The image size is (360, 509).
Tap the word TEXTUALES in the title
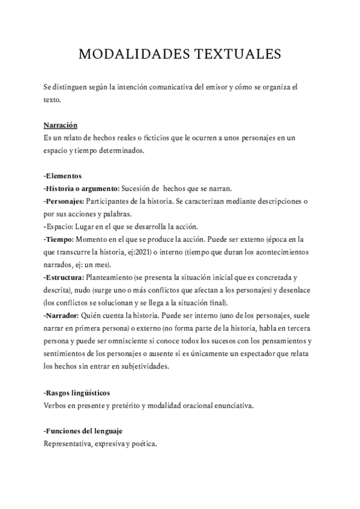click(236, 55)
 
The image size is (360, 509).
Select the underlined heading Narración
click(61, 125)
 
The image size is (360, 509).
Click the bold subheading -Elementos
click(63, 176)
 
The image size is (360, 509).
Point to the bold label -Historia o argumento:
click(82, 188)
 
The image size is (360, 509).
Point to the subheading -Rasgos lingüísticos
click(77, 393)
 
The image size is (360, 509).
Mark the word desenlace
click(292, 289)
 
